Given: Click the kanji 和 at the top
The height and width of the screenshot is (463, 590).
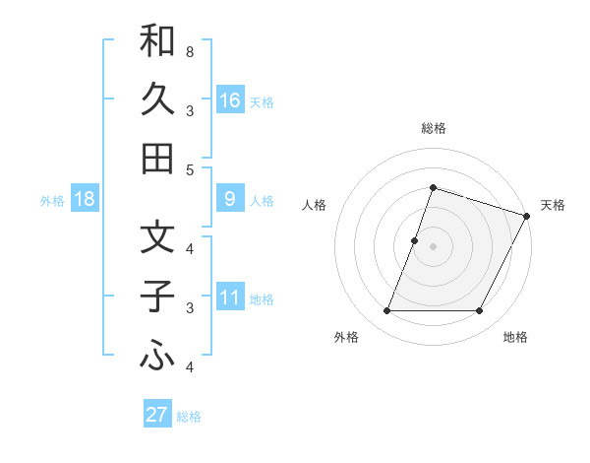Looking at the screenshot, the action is [x=157, y=40].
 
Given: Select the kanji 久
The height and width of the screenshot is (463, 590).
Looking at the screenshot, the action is [x=157, y=99].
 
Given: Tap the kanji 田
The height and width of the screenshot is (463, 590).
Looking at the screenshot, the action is [x=157, y=158].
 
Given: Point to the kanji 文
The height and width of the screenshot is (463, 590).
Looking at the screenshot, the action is [x=157, y=236].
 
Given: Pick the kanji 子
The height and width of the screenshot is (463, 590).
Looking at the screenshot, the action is [x=157, y=296].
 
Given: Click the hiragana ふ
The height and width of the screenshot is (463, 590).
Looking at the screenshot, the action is [x=157, y=356].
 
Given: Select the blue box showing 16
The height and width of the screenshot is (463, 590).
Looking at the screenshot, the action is [x=229, y=100].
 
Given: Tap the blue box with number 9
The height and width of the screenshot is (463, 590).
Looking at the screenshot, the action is [x=229, y=199].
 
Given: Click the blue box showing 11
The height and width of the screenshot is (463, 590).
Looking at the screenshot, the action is [x=229, y=298].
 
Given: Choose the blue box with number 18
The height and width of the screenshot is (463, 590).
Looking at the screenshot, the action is [x=85, y=199].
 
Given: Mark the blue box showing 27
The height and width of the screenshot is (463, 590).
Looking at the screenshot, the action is [x=157, y=415].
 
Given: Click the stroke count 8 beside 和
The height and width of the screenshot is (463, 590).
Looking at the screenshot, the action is [x=189, y=51].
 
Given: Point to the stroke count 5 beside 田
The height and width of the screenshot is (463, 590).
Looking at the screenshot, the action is [x=189, y=169].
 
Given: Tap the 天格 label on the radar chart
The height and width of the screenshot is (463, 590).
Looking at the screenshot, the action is [x=553, y=205].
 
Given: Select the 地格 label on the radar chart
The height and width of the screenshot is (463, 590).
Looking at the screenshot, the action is [x=515, y=338].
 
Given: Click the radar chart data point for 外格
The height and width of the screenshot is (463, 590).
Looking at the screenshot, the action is [x=386, y=311].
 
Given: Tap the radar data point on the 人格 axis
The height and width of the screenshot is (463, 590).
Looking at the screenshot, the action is [x=415, y=240].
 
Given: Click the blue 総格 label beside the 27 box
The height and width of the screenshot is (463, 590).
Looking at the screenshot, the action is [x=189, y=416].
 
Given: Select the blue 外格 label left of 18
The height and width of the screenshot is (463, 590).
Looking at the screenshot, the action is [x=52, y=200].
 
